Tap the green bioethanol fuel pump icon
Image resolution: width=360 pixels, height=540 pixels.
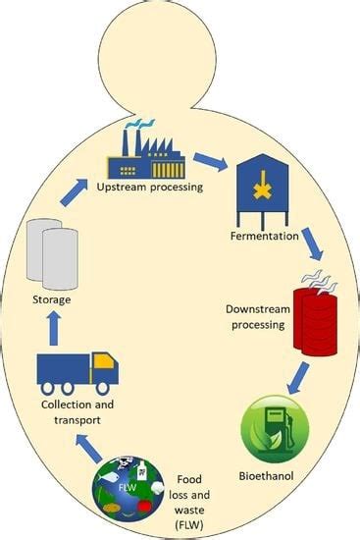coord(275,428)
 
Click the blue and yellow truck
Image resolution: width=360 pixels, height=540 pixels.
coord(78,368)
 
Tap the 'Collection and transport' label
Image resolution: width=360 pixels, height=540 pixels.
coord(75,411)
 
